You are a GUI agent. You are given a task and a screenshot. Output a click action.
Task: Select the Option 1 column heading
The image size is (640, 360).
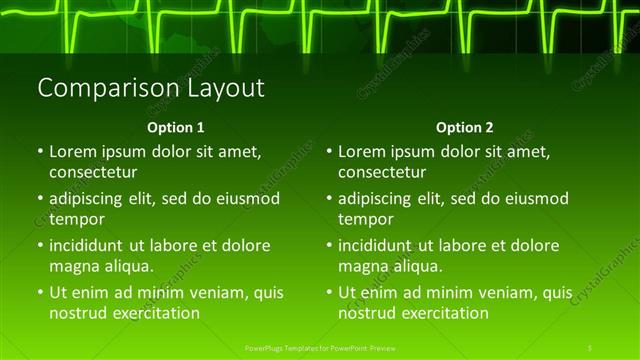pyautogui.click(x=176, y=128)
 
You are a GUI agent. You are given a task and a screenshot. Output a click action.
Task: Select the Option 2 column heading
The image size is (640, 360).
pyautogui.click(x=464, y=128)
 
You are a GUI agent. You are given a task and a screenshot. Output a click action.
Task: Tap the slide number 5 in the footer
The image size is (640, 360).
pyautogui.click(x=590, y=347)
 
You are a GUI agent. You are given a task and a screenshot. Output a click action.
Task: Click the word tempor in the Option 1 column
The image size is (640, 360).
pyautogui.click(x=77, y=219)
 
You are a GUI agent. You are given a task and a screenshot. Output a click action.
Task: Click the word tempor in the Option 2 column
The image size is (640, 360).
pyautogui.click(x=366, y=219)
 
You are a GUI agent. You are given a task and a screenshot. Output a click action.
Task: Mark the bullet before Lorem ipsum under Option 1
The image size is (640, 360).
pyautogui.click(x=40, y=153)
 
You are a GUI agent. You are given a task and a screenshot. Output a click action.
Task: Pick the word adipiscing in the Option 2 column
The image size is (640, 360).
pyautogui.click(x=374, y=199)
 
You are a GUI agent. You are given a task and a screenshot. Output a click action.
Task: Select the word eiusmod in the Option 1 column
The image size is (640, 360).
pyautogui.click(x=240, y=199)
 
